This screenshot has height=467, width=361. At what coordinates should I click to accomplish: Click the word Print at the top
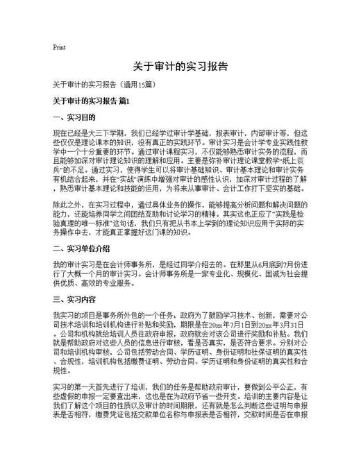click(x=59, y=47)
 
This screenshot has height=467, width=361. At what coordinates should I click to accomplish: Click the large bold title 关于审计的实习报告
click(x=180, y=68)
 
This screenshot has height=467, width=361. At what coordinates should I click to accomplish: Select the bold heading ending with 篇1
click(x=91, y=102)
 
